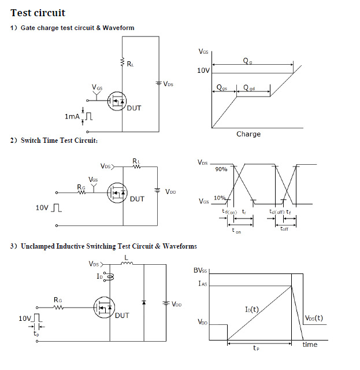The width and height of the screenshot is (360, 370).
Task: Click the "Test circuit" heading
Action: pyautogui.click(x=38, y=13)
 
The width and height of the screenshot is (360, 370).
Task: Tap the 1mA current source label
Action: pyautogui.click(x=72, y=117)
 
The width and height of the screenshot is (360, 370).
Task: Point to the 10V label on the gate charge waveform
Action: pyautogui.click(x=203, y=71)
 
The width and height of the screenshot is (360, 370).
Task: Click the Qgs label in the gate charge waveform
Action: pyautogui.click(x=221, y=87)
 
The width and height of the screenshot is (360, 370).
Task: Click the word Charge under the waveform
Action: pyautogui.click(x=248, y=134)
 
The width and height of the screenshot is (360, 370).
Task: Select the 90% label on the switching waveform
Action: pyautogui.click(x=221, y=169)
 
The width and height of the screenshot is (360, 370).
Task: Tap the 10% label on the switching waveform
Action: pyautogui.click(x=219, y=198)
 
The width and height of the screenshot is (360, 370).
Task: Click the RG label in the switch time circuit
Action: pyautogui.click(x=81, y=187)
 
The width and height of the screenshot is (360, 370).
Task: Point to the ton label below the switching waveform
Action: pyautogui.click(x=236, y=231)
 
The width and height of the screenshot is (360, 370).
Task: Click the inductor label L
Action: pyautogui.click(x=127, y=257)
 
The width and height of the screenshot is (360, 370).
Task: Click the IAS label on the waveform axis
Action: pyautogui.click(x=203, y=283)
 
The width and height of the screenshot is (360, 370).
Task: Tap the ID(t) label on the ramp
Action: pyautogui.click(x=251, y=309)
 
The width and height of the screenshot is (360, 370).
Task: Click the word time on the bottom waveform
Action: pyautogui.click(x=310, y=345)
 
